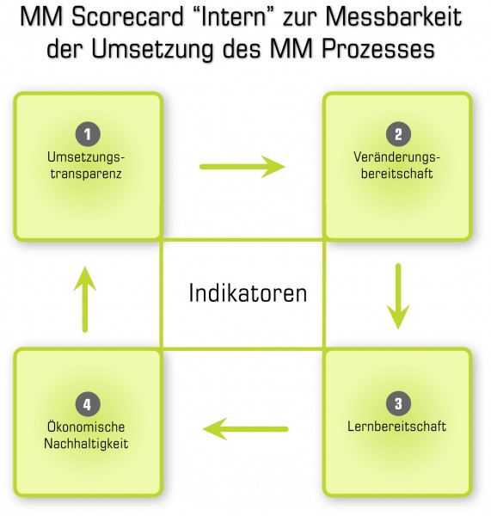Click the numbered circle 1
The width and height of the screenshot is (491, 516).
(88, 134)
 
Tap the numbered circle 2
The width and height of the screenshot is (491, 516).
(398, 134)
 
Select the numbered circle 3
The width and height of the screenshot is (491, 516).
(398, 404)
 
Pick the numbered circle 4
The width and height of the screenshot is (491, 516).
(88, 404)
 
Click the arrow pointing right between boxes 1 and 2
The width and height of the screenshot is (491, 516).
(242, 167)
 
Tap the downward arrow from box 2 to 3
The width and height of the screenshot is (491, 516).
(398, 296)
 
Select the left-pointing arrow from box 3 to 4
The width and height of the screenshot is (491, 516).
(246, 429)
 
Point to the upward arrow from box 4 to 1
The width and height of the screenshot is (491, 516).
(85, 299)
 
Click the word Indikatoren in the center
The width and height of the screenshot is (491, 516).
(248, 293)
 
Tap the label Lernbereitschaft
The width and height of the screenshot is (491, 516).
(397, 427)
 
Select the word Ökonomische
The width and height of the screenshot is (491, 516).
(86, 427)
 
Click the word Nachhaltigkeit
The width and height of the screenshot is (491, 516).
(86, 444)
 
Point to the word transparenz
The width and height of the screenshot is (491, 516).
(86, 174)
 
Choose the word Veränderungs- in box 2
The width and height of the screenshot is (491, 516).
(397, 157)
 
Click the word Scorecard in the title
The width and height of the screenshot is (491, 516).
(127, 17)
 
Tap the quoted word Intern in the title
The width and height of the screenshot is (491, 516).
(233, 17)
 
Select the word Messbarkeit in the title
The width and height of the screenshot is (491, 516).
(394, 17)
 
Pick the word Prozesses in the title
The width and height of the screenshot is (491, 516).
(378, 49)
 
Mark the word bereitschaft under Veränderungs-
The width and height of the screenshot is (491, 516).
(397, 174)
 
